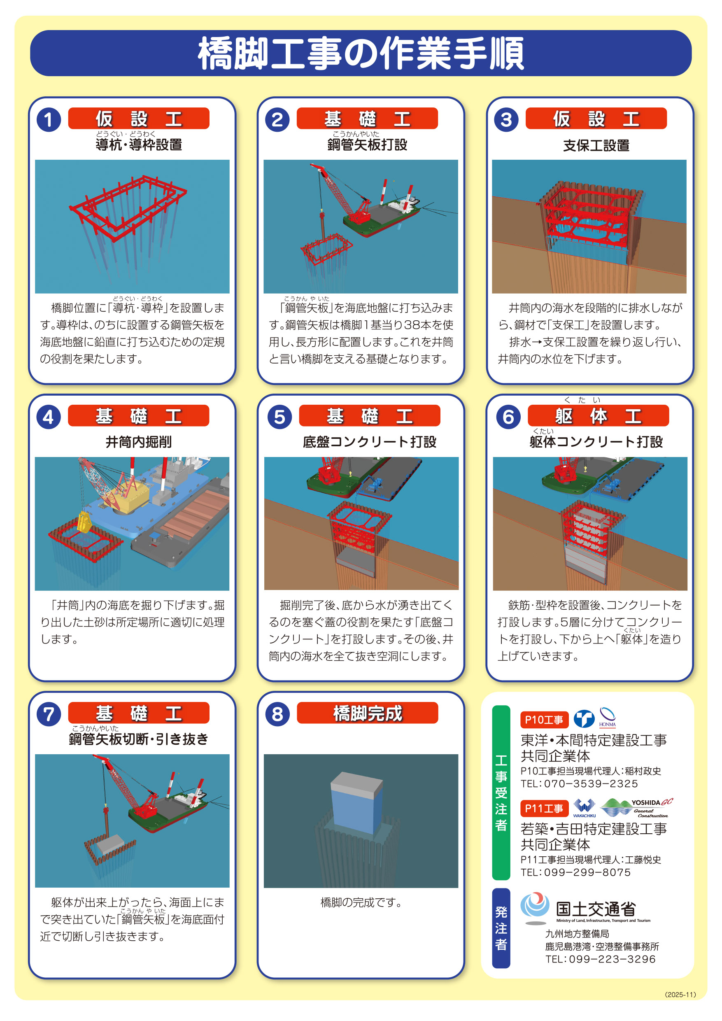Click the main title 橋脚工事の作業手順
click(361, 54)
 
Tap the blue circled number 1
click(49, 120)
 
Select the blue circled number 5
click(279, 417)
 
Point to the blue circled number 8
click(277, 714)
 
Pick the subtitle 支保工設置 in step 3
click(596, 145)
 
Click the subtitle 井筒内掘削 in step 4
click(138, 442)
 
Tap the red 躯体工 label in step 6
click(598, 416)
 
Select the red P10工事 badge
click(544, 720)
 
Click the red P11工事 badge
click(544, 809)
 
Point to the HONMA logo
click(607, 717)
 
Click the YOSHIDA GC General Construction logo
click(637, 808)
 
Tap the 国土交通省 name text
click(596, 909)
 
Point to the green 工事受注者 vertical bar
click(501, 793)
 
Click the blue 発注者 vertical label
click(501, 928)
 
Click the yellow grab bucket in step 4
click(84, 522)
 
